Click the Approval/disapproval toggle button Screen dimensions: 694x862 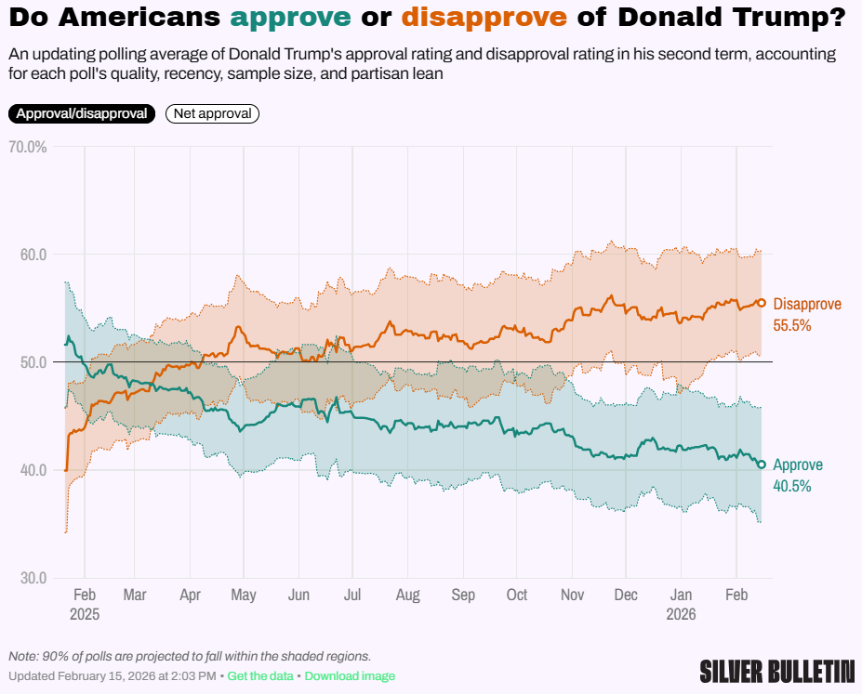[x=82, y=113]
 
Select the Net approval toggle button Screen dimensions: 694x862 [x=212, y=113]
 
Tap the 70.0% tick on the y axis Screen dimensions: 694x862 [x=27, y=147]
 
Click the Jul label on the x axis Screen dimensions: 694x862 [x=352, y=595]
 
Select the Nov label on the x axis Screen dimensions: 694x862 [x=573, y=595]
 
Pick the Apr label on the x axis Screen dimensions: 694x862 [x=190, y=595]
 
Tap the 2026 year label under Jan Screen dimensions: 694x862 [x=683, y=614]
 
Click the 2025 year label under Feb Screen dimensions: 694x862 [x=84, y=614]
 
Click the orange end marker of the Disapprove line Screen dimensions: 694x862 [x=762, y=303]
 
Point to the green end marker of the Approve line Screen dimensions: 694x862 [x=762, y=465]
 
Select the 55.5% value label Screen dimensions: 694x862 [x=792, y=325]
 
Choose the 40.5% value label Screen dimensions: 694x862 [x=792, y=486]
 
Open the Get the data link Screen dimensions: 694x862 [x=260, y=675]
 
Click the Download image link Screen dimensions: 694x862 [x=350, y=675]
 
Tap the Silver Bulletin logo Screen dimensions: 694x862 [x=777, y=671]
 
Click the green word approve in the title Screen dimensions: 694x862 [x=292, y=17]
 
